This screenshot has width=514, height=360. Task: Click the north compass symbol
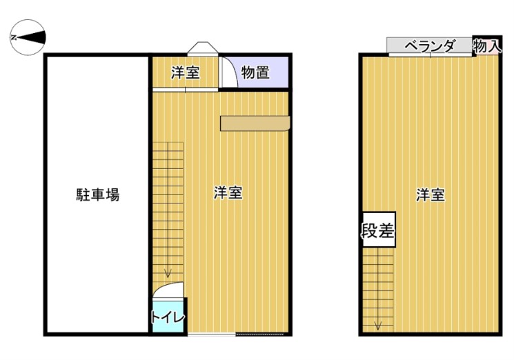tap(28, 37)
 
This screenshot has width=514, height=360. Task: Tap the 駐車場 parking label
tap(98, 194)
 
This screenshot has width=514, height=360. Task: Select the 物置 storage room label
tap(255, 72)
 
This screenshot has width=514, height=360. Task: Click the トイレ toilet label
tap(168, 317)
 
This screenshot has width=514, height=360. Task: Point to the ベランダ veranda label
tap(430, 46)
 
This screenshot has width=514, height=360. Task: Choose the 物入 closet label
tap(487, 46)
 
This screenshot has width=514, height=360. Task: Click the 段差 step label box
tap(379, 230)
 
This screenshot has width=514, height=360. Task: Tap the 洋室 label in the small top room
tap(185, 72)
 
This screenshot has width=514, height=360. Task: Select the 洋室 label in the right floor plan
tap(431, 194)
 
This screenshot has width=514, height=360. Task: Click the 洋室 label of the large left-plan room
tap(228, 192)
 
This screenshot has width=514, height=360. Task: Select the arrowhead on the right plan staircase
tap(378, 326)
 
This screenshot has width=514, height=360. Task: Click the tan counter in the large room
tap(255, 123)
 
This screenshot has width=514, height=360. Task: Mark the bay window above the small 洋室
tap(203, 48)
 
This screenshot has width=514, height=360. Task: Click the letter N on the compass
tap(14, 38)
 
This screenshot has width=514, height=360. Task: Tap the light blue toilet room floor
tap(168, 316)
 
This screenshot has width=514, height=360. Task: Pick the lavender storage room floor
tap(263, 72)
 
